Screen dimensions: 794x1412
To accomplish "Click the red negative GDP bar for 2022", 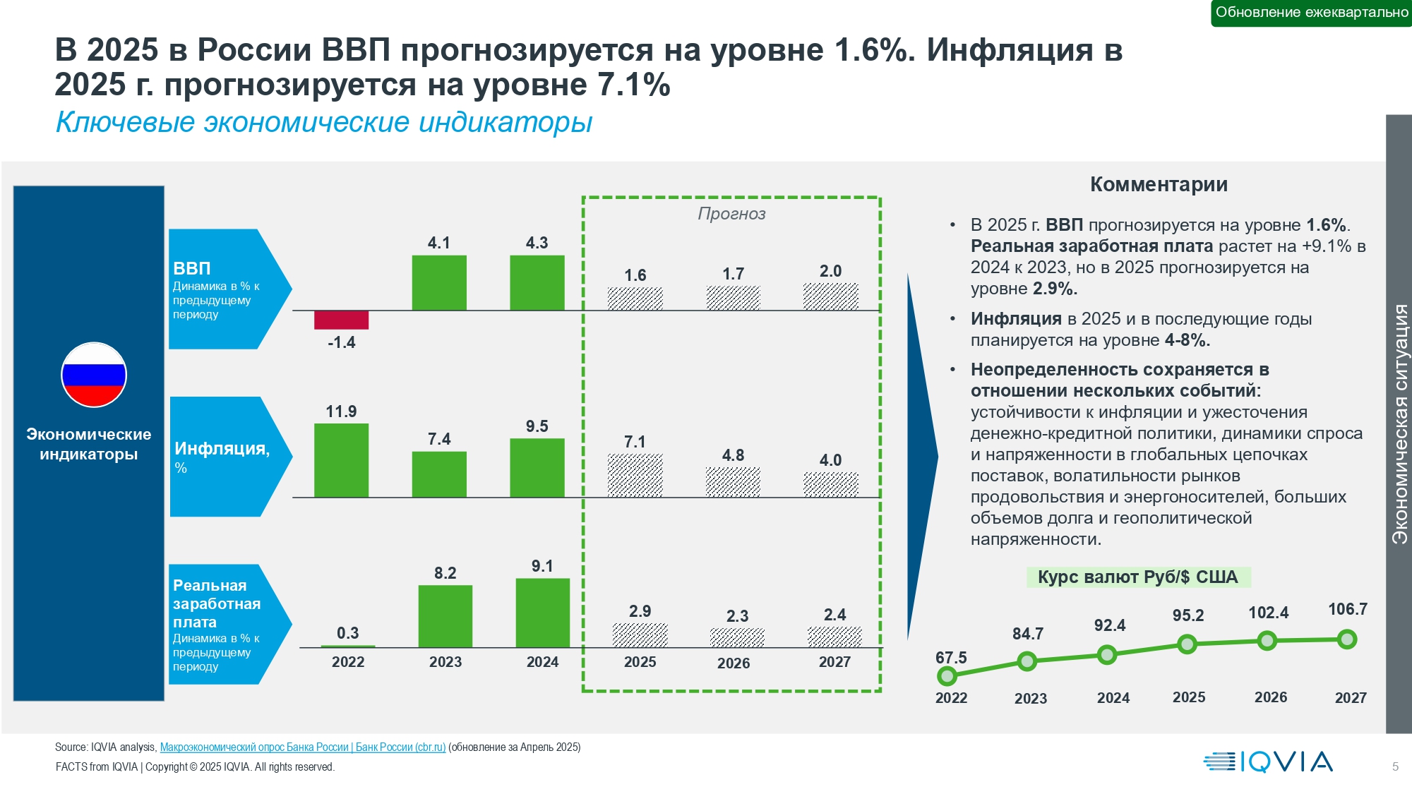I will pos(341,320).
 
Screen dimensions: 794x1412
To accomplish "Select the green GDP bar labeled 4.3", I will pos(537,282).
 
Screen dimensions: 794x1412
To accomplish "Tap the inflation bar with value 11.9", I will pos(341,460).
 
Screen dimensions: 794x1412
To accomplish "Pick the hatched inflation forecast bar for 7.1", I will pos(635,476).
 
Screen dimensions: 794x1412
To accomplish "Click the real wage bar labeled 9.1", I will pos(542,613).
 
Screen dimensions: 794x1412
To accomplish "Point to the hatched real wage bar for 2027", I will pos(834,637).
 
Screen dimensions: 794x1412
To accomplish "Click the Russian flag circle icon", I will pos(94,375).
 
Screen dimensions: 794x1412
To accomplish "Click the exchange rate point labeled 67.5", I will pos(947,676).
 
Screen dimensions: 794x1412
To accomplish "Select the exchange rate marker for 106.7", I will pos(1347,639).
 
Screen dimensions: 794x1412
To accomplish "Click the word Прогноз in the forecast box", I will pos(731,214).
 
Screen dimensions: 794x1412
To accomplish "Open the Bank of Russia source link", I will pos(302,747).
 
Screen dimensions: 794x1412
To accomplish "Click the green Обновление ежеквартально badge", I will pos(1311,13).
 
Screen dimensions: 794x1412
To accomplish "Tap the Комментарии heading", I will pos(1159,184).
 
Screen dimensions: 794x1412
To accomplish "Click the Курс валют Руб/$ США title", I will pos(1137,577).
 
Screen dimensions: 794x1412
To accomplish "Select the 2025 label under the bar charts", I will pos(640,662).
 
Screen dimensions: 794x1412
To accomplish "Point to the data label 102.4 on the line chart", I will pos(1268,613).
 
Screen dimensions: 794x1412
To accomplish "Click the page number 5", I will pos(1395,766).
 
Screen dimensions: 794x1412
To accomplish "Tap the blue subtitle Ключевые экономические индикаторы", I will pos(324,122).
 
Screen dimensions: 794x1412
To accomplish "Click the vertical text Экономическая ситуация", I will pos(1399,423).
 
